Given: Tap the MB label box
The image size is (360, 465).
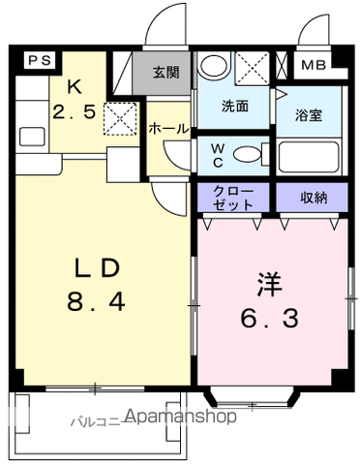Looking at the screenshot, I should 315,67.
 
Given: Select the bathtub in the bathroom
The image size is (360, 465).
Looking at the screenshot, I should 310,157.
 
